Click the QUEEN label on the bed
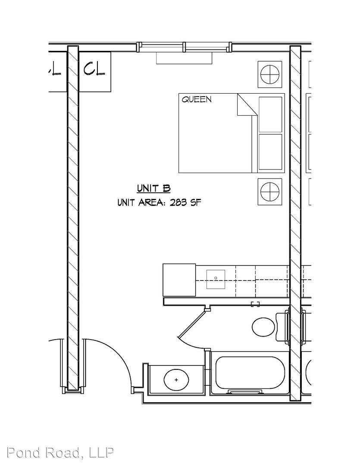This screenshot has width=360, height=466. [197, 99]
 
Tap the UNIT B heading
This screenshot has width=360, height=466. [153, 189]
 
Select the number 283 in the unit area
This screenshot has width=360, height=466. [178, 203]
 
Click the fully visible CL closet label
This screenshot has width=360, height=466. [94, 69]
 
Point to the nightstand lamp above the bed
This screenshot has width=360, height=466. [270, 74]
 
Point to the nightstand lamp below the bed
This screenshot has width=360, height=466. [270, 192]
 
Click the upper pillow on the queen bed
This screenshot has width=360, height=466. [271, 114]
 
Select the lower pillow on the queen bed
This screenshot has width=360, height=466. [271, 152]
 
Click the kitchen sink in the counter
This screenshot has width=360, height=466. [216, 279]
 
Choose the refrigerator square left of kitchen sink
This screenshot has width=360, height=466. [179, 280]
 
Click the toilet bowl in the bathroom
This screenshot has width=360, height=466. [263, 327]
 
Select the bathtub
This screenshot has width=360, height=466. [250, 373]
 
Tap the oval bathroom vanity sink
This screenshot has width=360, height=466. [176, 380]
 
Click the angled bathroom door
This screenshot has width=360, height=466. [191, 324]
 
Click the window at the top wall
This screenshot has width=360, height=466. [184, 47]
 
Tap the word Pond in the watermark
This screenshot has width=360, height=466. [23, 452]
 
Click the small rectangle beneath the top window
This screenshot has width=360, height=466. [184, 58]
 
